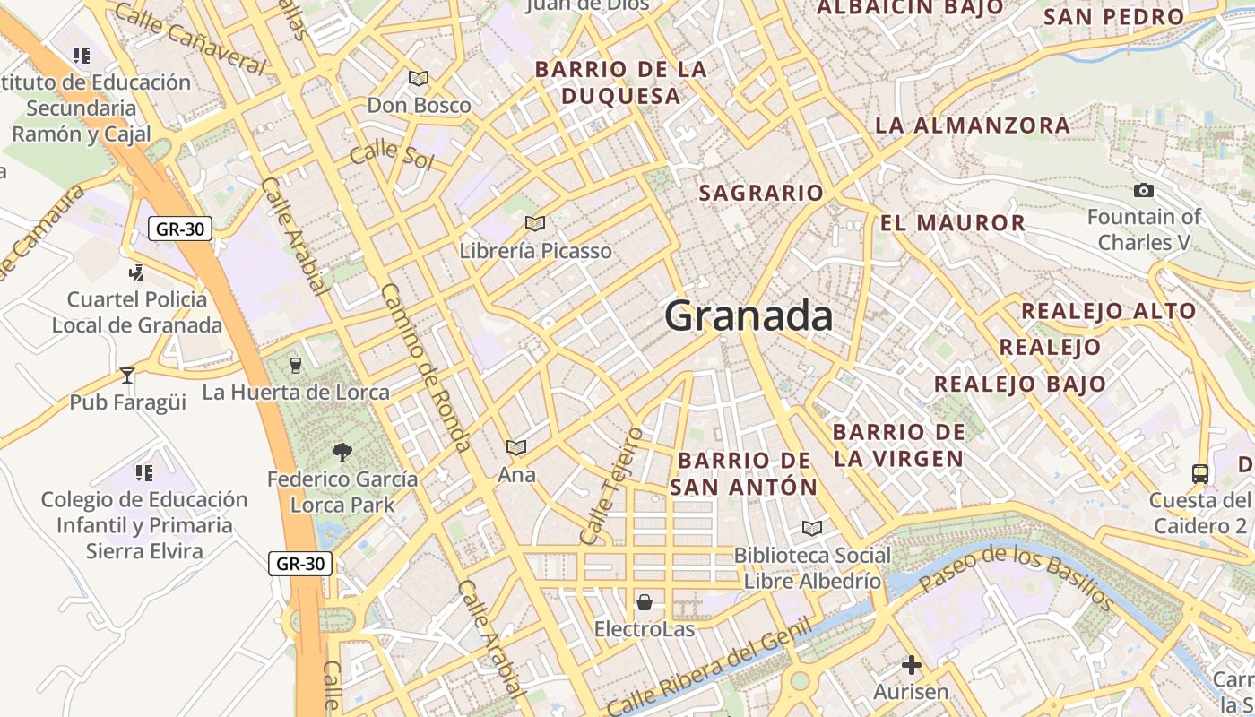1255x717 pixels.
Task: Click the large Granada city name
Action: [x=749, y=316]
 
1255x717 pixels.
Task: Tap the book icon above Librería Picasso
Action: [x=534, y=223]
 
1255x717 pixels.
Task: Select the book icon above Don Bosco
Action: [x=419, y=78]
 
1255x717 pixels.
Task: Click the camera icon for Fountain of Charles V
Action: [x=1143, y=190]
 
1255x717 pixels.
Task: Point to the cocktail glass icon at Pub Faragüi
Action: [x=127, y=375]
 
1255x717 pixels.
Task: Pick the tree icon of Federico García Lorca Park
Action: [x=342, y=452]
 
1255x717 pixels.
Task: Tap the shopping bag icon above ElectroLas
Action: [x=644, y=601]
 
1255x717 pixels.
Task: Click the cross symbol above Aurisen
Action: [x=912, y=664]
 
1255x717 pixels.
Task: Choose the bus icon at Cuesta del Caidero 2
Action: [x=1200, y=472]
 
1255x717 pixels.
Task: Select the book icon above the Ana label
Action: [x=516, y=447]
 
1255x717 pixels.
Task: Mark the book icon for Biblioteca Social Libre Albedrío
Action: [x=812, y=528]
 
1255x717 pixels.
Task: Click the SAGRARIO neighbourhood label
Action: [x=760, y=193]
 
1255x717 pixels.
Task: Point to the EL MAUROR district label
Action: [x=952, y=223]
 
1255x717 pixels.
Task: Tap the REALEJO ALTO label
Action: [x=1108, y=311]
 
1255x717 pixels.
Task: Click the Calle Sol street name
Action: [x=392, y=154]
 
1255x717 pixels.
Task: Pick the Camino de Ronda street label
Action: [x=426, y=367]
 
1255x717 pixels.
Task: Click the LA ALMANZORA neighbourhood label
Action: [x=972, y=125]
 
